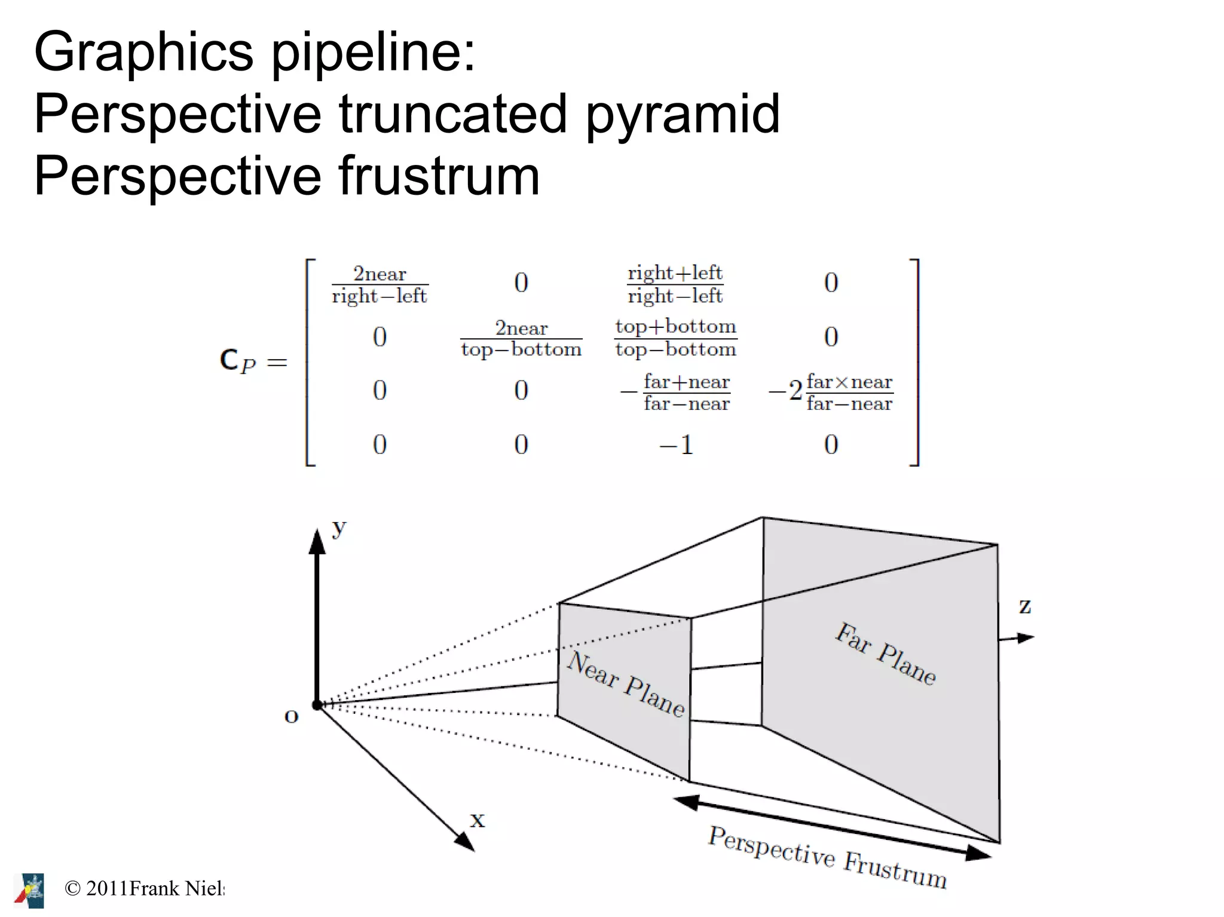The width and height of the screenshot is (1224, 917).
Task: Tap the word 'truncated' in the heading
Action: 452,115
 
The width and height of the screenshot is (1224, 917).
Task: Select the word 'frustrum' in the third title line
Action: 439,176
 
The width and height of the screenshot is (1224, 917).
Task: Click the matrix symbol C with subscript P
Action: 237,361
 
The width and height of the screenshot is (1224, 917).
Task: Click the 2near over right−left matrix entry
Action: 380,285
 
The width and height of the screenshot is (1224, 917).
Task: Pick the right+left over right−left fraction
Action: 675,284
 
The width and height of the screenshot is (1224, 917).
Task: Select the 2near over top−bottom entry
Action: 521,339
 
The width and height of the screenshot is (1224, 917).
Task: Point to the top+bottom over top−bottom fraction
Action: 675,338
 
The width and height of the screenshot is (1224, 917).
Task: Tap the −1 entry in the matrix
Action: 676,445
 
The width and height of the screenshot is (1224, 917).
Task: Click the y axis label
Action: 339,527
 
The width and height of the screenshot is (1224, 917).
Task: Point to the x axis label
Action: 477,820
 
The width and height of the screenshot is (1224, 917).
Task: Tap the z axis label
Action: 1025,606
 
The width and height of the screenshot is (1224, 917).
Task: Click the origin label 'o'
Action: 291,716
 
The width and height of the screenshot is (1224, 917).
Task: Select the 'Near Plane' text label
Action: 626,684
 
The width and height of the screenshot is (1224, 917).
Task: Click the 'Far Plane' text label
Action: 885,654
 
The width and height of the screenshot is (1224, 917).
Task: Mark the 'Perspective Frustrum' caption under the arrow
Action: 828,857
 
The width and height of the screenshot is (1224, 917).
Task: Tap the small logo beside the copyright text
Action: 30,890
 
